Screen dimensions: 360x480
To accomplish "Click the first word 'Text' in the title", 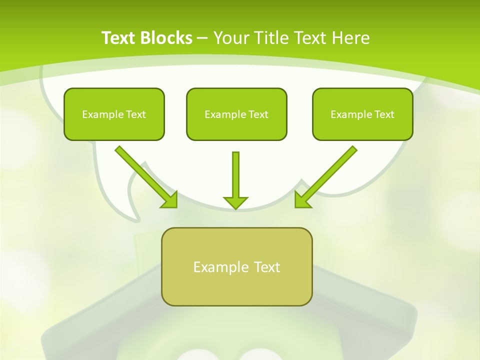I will click(119, 38).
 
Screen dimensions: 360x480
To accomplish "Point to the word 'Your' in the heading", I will click(231, 38).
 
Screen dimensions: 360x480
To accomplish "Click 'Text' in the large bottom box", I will click(267, 267).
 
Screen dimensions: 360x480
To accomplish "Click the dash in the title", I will click(202, 38).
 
